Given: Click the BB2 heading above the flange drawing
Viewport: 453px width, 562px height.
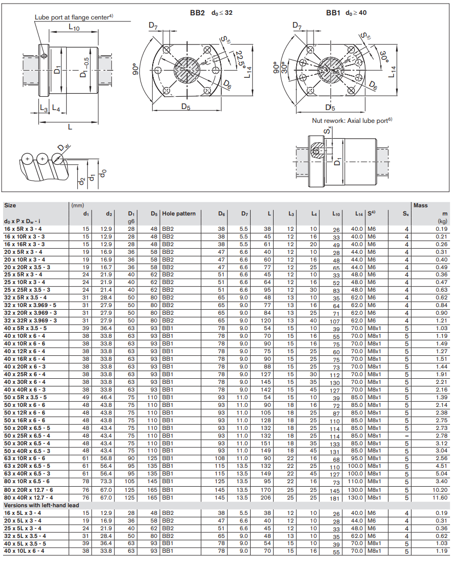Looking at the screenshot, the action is coord(197,13).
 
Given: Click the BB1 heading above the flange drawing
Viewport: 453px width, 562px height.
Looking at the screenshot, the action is coord(333,13).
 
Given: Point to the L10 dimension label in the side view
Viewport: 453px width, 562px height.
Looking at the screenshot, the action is coord(74,27).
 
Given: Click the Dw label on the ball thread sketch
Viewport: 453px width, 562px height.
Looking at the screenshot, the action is coord(64,147).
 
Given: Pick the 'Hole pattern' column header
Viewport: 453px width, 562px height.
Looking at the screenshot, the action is coord(179,213).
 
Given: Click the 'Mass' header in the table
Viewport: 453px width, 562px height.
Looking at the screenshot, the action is coord(420,205).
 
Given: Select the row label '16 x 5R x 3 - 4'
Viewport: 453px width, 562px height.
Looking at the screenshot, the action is coord(23,229).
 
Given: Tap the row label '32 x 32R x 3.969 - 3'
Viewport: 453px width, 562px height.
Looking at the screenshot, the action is coord(31,321).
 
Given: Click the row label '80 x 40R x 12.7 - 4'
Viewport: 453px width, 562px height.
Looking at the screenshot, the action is coord(28,498).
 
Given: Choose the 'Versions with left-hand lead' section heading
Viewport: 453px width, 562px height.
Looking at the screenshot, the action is coord(42,505).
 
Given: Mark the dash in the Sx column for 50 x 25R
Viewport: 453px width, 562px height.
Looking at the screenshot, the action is coord(406,436).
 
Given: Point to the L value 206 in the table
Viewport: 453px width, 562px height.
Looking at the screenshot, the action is coord(265,498).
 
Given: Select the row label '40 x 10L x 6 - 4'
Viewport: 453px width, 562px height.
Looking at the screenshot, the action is coord(24,551).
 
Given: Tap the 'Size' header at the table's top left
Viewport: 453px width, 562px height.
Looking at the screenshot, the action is coord(10,205).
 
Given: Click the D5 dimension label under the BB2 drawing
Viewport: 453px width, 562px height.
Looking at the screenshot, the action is coord(186,106).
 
